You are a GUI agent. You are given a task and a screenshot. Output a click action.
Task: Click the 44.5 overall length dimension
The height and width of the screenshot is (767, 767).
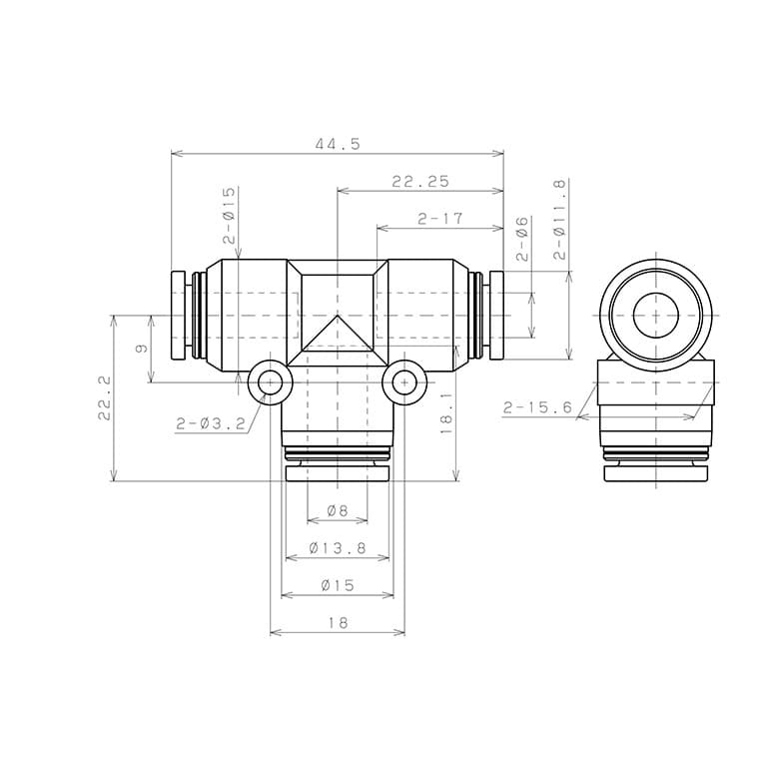(338, 144)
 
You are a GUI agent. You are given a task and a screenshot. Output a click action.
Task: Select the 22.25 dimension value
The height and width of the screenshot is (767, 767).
(420, 182)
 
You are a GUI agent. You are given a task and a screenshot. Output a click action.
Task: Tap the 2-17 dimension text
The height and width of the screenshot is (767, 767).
(439, 218)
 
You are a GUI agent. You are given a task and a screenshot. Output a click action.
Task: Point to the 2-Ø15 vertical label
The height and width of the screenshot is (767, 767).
(229, 216)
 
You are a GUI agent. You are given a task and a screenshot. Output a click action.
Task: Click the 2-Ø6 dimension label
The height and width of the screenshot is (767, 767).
(522, 239)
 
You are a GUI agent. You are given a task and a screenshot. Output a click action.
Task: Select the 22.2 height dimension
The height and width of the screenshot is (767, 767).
(104, 397)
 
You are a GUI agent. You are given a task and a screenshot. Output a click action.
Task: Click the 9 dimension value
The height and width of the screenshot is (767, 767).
(142, 349)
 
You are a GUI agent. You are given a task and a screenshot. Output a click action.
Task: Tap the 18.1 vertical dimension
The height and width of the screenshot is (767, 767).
(446, 413)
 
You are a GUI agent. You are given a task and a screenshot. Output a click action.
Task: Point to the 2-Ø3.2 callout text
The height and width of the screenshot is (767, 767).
(211, 423)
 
